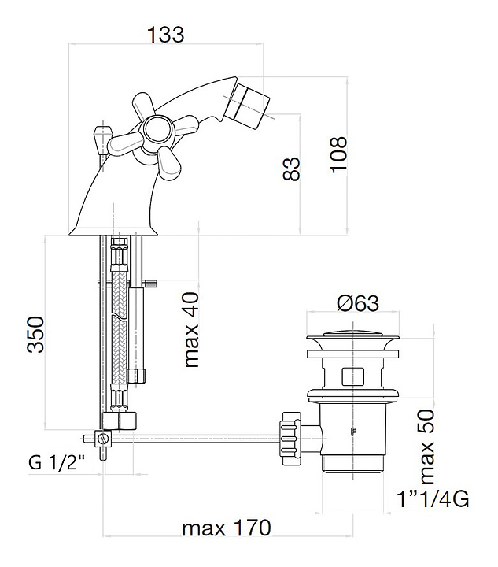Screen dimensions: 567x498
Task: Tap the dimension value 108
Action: (337, 155)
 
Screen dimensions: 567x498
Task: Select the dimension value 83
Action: (292, 169)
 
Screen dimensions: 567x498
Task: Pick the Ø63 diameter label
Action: (358, 302)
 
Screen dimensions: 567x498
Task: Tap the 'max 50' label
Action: (426, 447)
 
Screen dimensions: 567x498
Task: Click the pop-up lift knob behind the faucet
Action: (101, 138)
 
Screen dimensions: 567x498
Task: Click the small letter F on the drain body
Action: (353, 432)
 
